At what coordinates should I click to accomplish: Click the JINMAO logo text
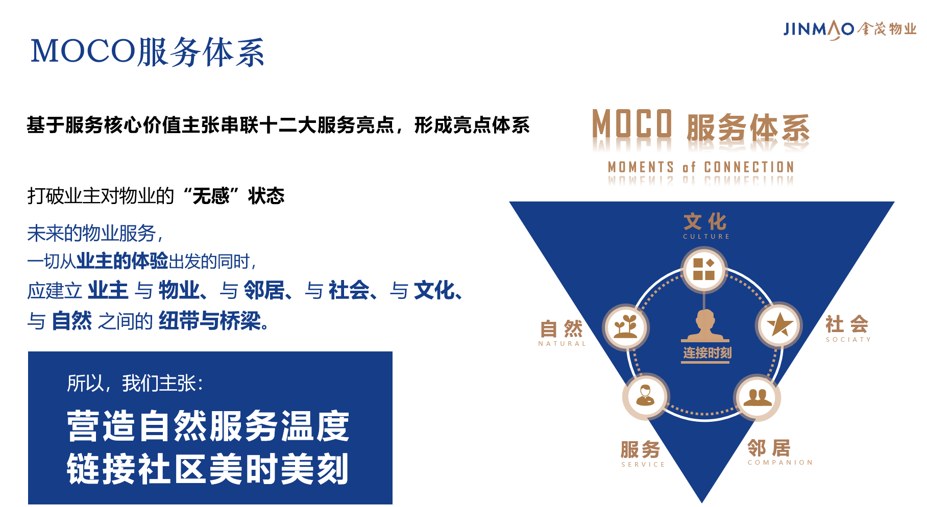[819, 30]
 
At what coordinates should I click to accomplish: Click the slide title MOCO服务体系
[148, 52]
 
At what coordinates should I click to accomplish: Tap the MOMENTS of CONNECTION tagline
[701, 167]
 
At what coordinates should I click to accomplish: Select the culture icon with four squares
[704, 269]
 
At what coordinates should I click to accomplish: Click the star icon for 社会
[779, 325]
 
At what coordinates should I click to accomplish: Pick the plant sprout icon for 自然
[626, 327]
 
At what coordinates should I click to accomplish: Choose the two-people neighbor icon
[758, 397]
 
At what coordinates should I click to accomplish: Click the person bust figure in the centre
[705, 325]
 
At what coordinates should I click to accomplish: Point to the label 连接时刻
[707, 353]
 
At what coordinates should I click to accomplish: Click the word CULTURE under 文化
[706, 237]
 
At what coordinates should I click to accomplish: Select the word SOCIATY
[848, 340]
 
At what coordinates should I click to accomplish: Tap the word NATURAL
[562, 344]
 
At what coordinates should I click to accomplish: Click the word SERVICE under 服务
[643, 465]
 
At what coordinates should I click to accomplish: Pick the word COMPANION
[780, 463]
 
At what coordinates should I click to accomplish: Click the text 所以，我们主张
[135, 383]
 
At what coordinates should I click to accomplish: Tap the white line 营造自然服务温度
[208, 426]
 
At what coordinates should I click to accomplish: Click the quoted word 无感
[211, 195]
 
